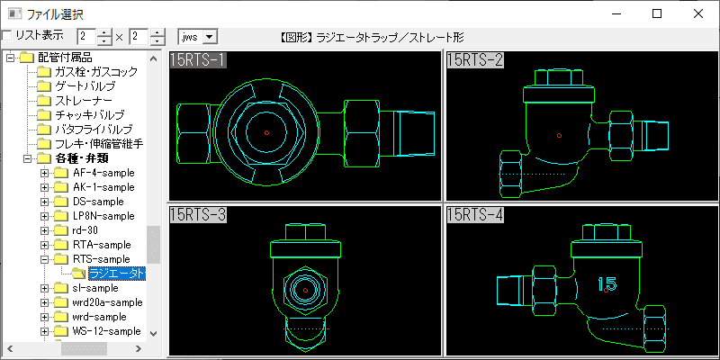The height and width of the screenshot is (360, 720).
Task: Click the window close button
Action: [697, 13]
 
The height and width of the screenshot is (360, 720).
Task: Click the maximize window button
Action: [657, 13]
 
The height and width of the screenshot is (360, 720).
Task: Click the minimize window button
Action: [616, 13]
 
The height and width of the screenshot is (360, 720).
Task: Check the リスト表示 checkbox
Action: [7, 36]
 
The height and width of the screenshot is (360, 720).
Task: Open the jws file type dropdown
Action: [211, 37]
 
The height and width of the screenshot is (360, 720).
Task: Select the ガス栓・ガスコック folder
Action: [95, 72]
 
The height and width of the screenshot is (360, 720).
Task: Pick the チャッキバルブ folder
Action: [89, 115]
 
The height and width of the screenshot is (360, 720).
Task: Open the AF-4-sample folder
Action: [103, 173]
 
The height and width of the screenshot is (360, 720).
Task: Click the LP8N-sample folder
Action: [103, 216]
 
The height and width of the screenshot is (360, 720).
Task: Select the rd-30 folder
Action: [85, 230]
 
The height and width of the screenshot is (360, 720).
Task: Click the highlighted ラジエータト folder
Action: [115, 274]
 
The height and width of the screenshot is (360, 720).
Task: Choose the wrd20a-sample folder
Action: [107, 302]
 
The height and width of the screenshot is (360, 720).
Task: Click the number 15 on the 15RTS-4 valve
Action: [607, 284]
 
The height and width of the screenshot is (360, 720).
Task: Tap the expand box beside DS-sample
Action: [45, 202]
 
